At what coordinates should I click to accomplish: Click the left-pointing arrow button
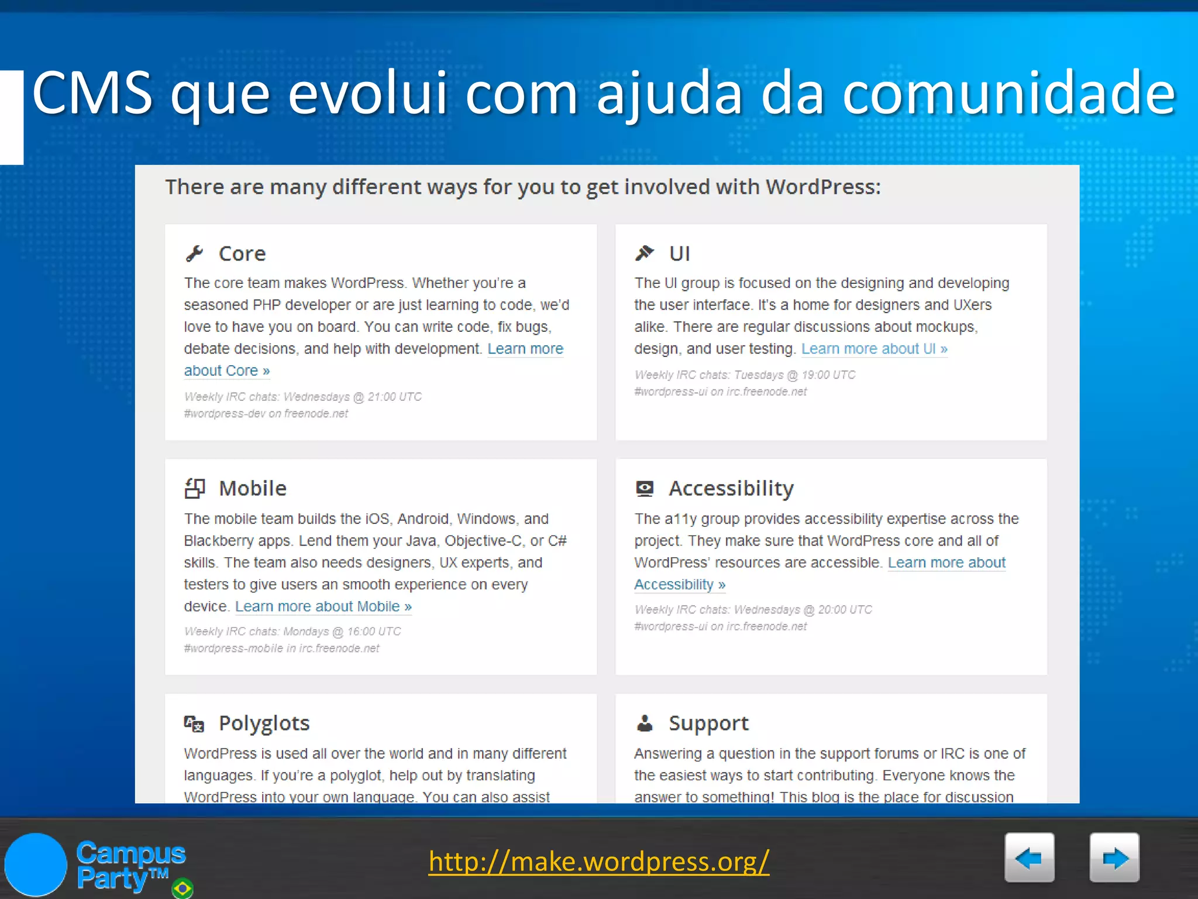(1029, 857)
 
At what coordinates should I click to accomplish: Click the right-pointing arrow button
(1114, 857)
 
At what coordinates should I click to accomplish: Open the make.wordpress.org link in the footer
(598, 862)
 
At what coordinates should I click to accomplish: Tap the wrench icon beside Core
(194, 253)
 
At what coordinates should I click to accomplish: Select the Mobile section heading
(252, 488)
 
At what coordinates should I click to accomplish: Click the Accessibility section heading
(731, 488)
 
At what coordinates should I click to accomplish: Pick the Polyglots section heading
(264, 723)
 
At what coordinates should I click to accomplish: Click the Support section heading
(708, 723)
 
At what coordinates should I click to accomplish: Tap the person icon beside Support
(645, 723)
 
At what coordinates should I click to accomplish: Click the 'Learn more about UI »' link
(874, 349)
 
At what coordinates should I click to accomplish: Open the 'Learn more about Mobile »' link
(323, 606)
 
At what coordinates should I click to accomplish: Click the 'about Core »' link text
(226, 370)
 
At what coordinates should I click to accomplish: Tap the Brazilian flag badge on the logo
(183, 888)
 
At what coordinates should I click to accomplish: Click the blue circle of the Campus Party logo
(36, 864)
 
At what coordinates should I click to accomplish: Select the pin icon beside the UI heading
(644, 253)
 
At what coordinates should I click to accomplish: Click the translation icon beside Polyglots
(194, 724)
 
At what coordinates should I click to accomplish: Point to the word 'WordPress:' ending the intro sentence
(822, 187)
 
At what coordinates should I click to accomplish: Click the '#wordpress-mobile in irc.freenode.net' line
(281, 648)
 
